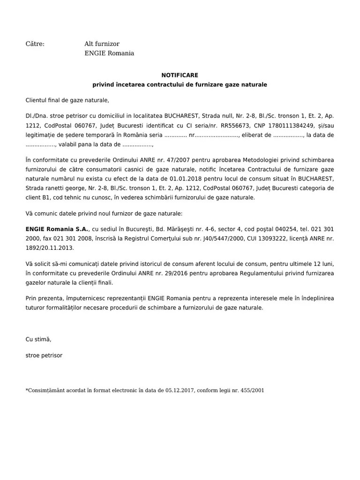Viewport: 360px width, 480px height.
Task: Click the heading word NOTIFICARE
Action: pos(180,75)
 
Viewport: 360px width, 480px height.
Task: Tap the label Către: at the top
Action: pos(35,44)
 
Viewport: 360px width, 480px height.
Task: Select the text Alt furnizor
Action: pos(102,44)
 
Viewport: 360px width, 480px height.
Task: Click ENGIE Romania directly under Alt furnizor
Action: pos(109,53)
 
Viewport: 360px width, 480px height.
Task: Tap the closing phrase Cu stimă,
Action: pos(38,339)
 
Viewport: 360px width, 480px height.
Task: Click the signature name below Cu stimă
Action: pos(44,355)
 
